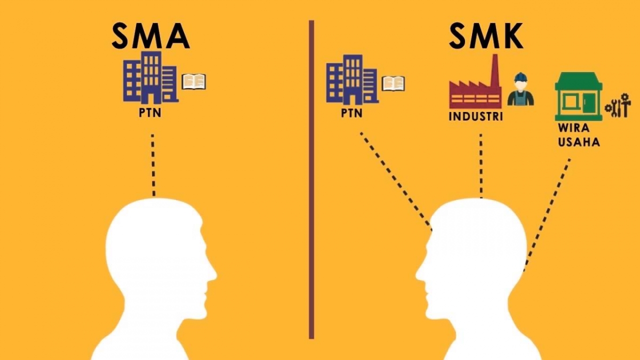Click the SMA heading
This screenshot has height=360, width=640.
coord(150,36)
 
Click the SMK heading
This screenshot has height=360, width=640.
coord(485,36)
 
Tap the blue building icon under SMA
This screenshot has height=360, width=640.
coord(150,78)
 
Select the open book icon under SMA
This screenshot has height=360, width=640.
coord(194,82)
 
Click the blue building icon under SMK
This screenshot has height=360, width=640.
coord(352,80)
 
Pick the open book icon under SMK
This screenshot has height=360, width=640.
coord(393,83)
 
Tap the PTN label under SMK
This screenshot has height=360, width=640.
coord(352,114)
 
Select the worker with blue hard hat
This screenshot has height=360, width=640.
coord(520,90)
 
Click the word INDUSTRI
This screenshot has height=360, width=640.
coord(476,116)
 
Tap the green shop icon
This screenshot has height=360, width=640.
coord(578,97)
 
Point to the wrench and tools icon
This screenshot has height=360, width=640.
coord(618,108)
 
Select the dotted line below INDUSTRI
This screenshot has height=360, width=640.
coord(481,165)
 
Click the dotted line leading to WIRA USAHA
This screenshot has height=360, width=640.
coord(548,213)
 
